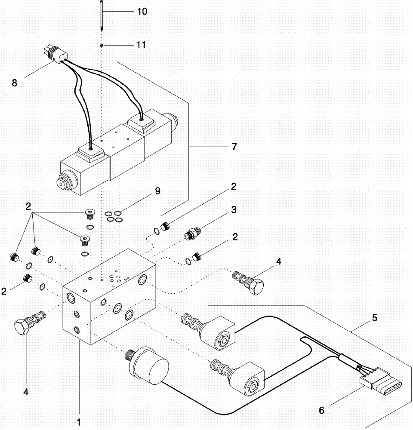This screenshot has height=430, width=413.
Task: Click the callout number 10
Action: [142, 12]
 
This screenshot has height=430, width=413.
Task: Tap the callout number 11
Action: [141, 45]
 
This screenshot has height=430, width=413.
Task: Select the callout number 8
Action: [15, 83]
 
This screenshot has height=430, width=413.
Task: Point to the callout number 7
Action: [234, 147]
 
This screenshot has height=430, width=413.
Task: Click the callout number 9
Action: [157, 191]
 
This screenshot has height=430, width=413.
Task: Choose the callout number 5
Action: [374, 318]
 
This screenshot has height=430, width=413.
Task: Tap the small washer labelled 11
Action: [101, 45]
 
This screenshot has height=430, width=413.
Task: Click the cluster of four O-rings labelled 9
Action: [114, 216]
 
